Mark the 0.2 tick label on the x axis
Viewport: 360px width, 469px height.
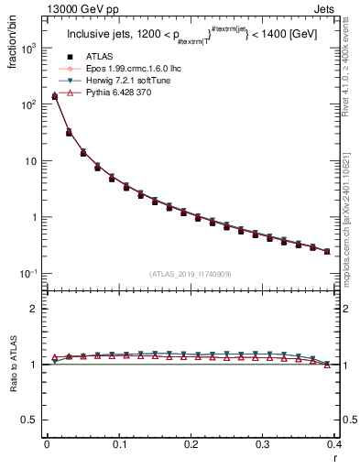(x=191, y=444)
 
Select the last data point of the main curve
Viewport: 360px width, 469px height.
(x=327, y=251)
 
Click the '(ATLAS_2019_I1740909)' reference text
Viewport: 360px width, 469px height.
(x=191, y=273)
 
